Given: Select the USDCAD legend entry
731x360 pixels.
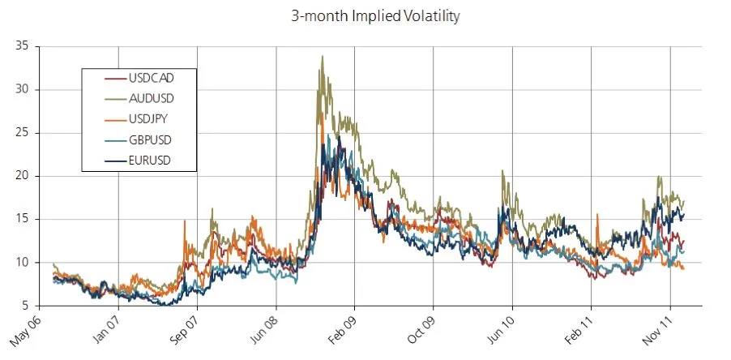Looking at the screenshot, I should point(151,78).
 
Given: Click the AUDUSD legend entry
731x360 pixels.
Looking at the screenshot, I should point(151,98).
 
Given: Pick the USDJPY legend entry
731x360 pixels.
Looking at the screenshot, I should point(150,118).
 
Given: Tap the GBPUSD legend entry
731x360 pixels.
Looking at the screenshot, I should point(151,139).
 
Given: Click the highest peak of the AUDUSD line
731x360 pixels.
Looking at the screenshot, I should point(323,57).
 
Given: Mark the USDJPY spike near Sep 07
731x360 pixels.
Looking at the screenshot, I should point(185,221).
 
